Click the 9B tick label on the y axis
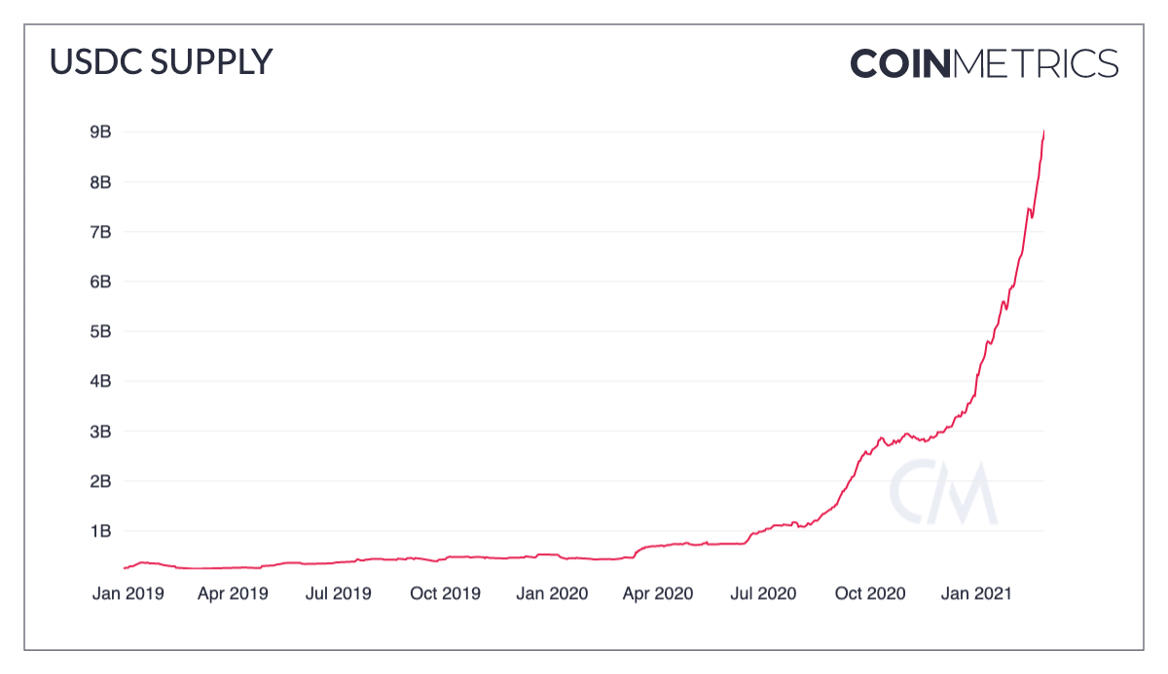tap(101, 132)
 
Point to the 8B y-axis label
tap(101, 182)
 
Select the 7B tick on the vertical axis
tap(101, 232)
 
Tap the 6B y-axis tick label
tap(101, 281)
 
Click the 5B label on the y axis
tap(101, 331)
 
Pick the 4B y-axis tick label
tap(101, 381)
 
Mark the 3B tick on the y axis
tap(101, 431)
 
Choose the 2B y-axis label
tap(101, 481)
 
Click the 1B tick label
tap(101, 531)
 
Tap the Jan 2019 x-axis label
tap(128, 593)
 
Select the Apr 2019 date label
tap(233, 593)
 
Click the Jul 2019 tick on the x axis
tap(338, 593)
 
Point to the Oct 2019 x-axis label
tap(444, 593)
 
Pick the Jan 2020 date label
tap(551, 593)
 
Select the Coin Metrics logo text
tap(984, 63)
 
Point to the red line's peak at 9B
tap(1043, 131)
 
